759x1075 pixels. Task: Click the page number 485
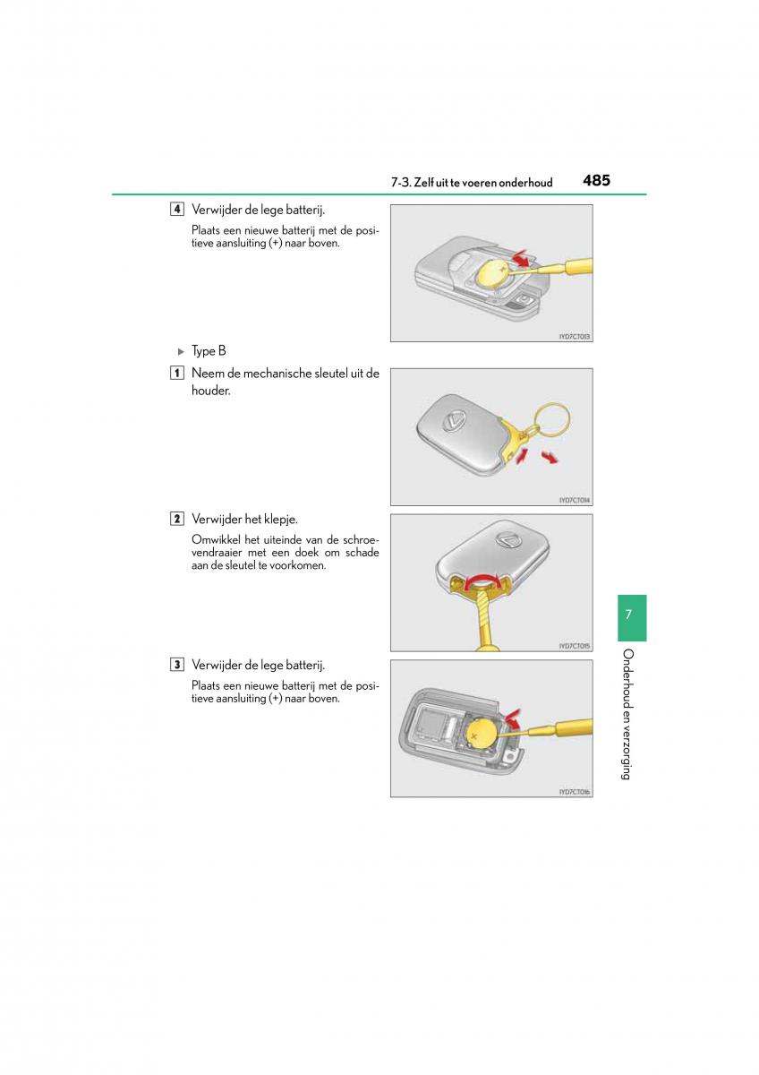pos(595,180)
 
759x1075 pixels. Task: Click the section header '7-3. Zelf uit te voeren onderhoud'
pos(471,182)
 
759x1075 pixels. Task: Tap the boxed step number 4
pos(178,210)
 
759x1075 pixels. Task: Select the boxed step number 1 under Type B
pos(178,374)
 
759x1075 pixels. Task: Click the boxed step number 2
pos(178,520)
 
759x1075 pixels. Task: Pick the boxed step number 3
pos(178,665)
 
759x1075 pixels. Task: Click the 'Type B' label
pos(209,351)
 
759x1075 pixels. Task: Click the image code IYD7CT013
pos(575,337)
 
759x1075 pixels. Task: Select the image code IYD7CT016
pos(575,792)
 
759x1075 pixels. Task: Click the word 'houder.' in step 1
pos(210,391)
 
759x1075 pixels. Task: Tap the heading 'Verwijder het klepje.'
pos(244,520)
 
